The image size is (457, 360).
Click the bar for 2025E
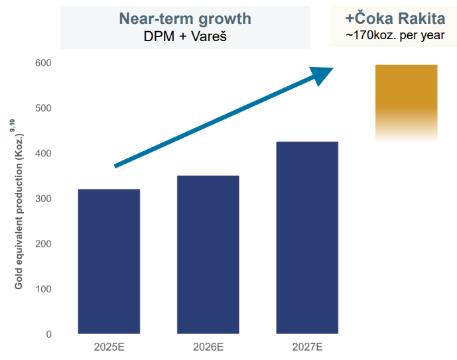click(109, 261)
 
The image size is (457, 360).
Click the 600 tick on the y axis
click(44, 63)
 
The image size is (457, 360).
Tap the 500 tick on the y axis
click(44, 108)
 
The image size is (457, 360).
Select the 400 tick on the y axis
click(44, 153)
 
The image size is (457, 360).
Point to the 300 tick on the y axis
click(44, 199)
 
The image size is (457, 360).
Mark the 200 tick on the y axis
click(44, 244)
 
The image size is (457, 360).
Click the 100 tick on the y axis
click(44, 289)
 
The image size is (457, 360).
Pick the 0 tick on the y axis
click(48, 334)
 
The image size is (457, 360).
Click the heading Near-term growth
click(185, 18)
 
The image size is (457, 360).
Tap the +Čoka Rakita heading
click(395, 18)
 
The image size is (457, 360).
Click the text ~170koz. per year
click(395, 35)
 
